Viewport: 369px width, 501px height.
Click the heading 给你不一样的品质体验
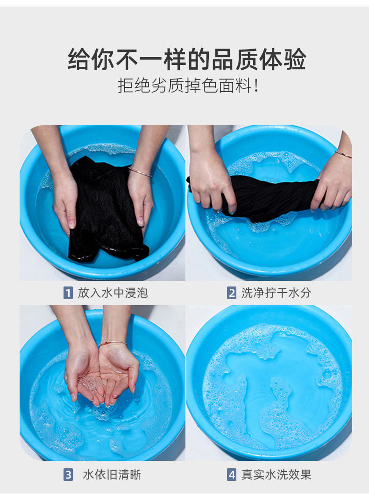[x=187, y=59]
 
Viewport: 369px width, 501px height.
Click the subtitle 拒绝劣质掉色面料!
[x=188, y=86]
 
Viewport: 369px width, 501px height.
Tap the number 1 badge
[x=68, y=293]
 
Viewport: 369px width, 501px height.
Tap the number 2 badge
[x=232, y=293]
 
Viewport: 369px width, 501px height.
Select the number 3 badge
[x=68, y=474]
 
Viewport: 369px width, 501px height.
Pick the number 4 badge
[x=232, y=474]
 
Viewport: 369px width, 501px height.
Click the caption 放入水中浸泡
[x=113, y=293]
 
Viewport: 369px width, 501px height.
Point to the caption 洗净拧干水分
[x=277, y=293]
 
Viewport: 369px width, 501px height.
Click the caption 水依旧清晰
[x=112, y=474]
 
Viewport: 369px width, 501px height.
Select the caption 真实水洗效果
[x=277, y=474]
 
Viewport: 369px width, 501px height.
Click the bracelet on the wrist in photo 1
[x=140, y=172]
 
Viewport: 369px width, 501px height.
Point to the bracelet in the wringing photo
[x=344, y=154]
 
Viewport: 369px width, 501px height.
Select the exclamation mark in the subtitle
[x=255, y=86]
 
